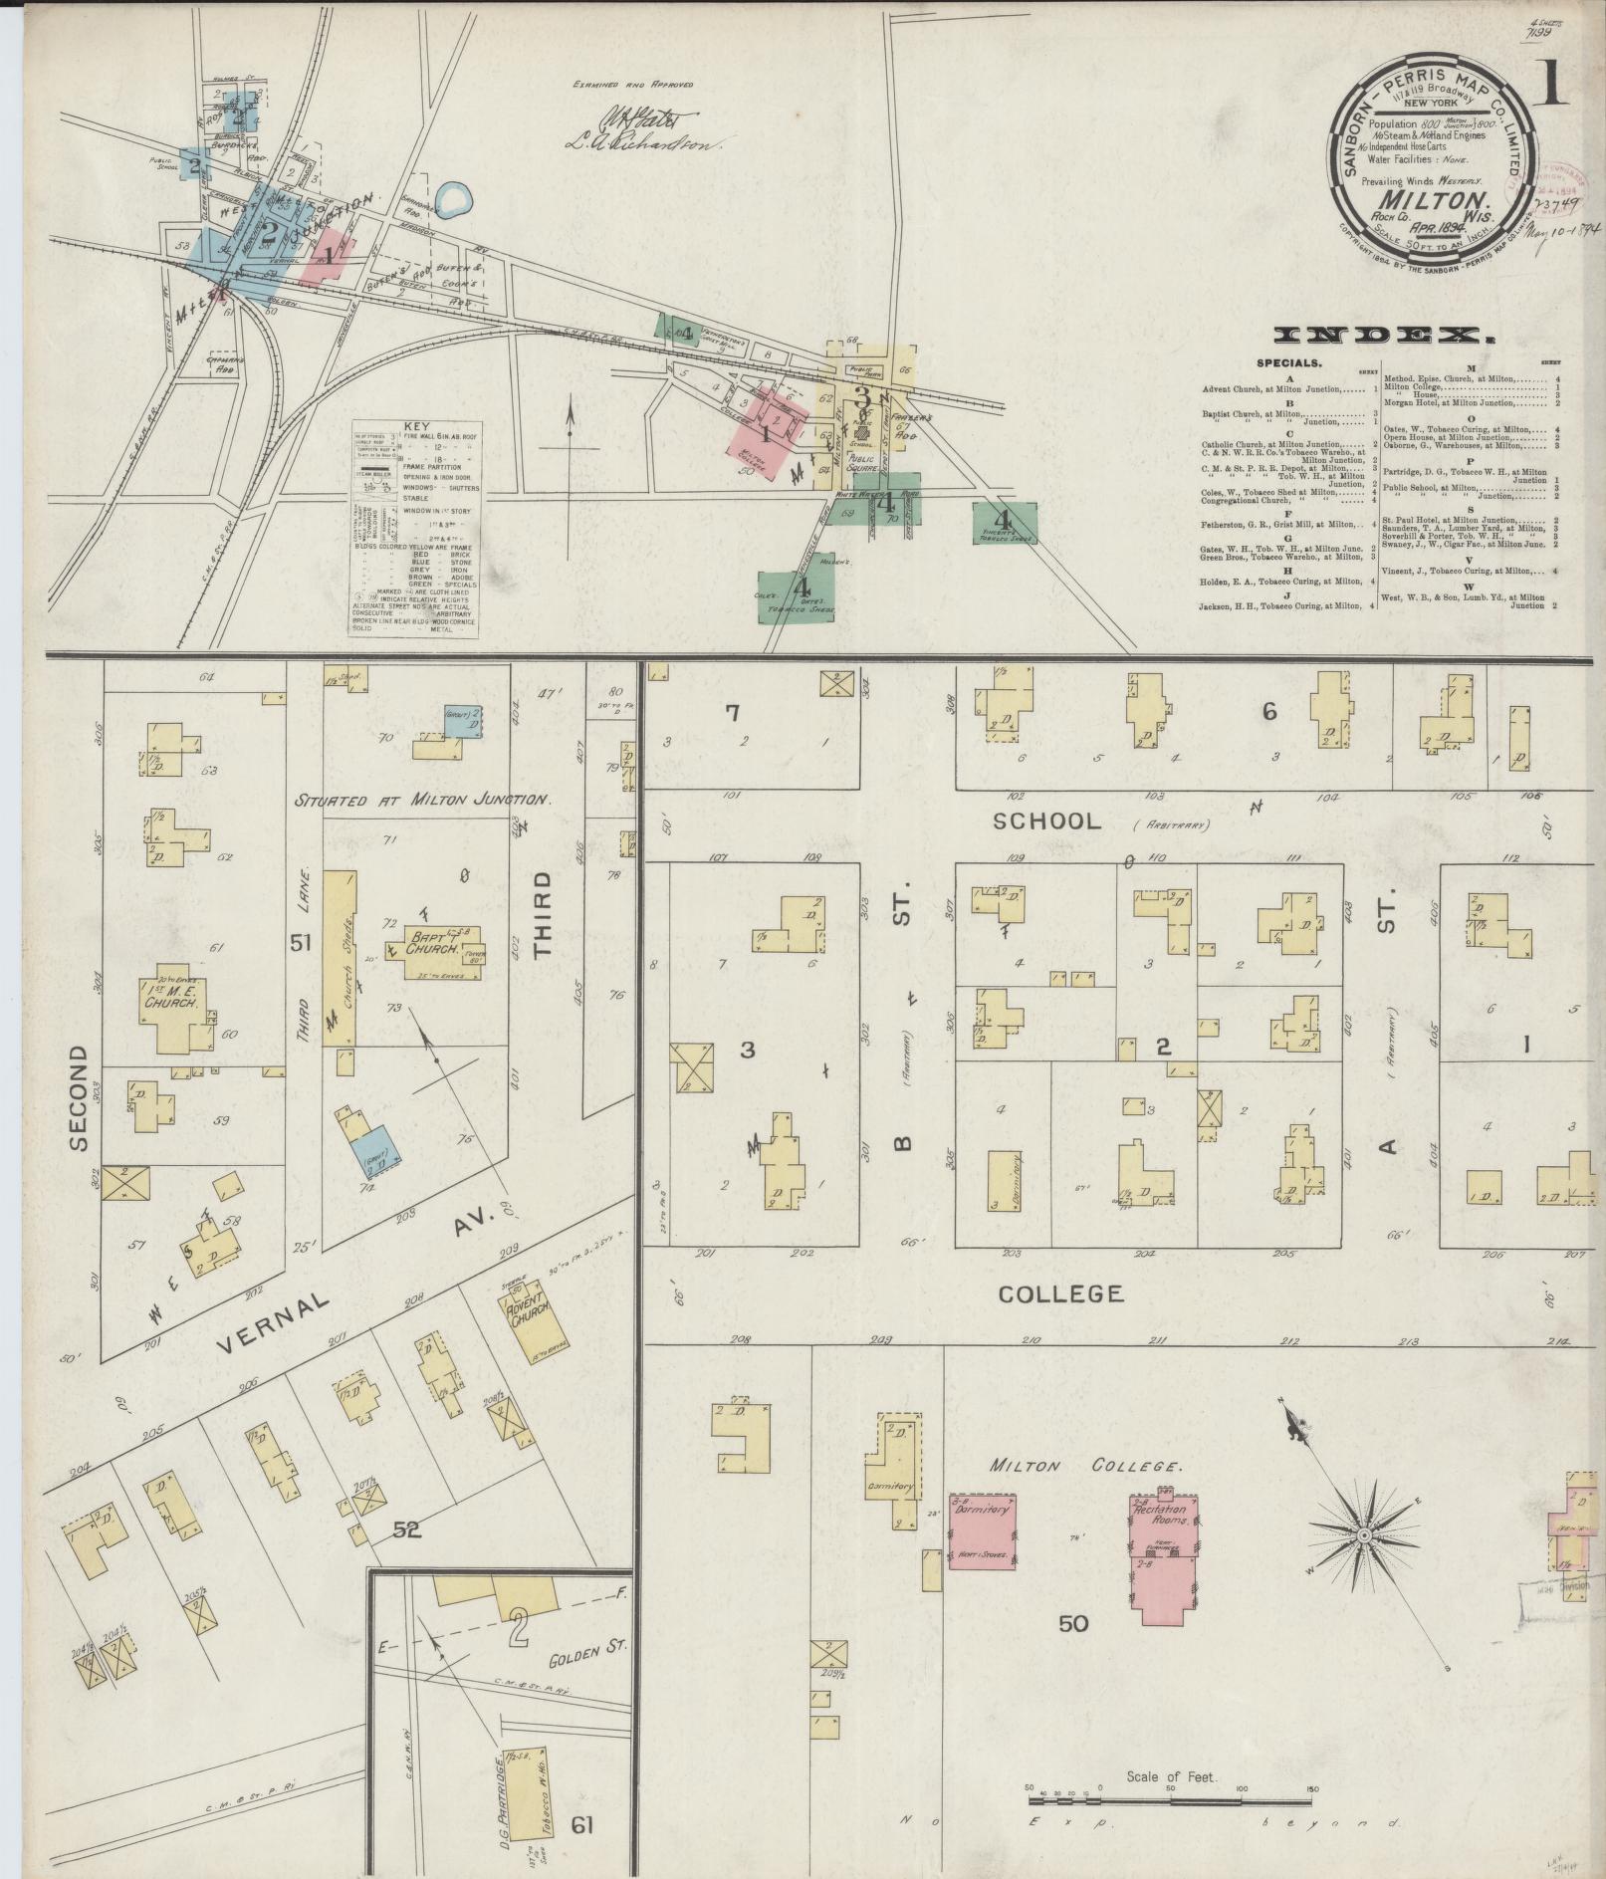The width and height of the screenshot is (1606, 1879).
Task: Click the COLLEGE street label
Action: click(x=1060, y=1293)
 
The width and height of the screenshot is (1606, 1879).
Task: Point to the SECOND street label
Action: click(x=81, y=1098)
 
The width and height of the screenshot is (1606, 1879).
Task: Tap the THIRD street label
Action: click(x=542, y=914)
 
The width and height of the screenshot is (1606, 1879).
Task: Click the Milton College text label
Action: click(x=1085, y=1467)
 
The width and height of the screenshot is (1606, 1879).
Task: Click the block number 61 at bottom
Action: click(x=582, y=1824)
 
